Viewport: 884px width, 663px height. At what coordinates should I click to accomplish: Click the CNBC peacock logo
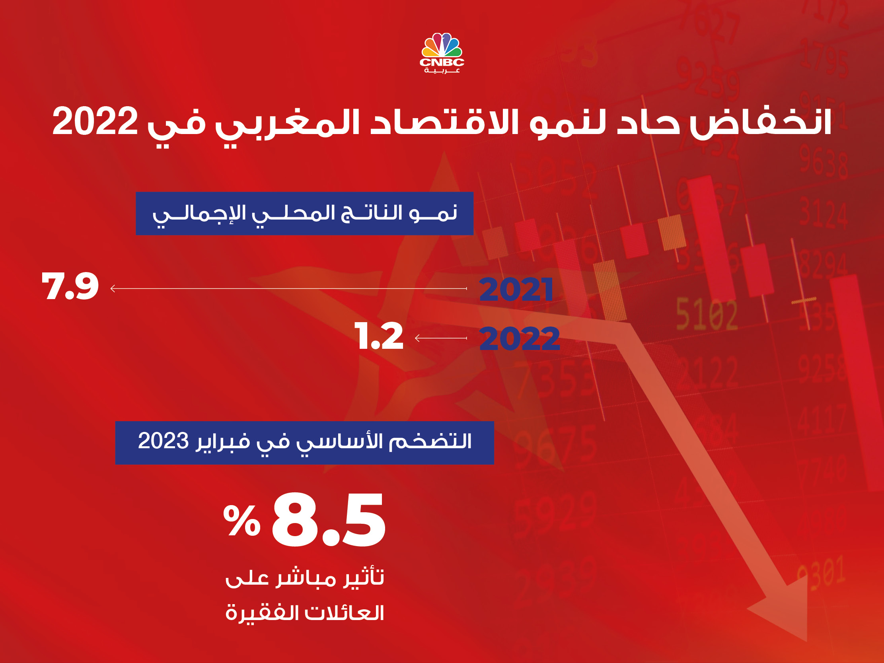pyautogui.click(x=442, y=53)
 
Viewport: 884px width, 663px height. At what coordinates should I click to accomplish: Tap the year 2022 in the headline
pyautogui.click(x=95, y=121)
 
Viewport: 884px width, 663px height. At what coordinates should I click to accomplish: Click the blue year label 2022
pyautogui.click(x=519, y=338)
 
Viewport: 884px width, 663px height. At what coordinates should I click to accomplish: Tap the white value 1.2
pyautogui.click(x=378, y=336)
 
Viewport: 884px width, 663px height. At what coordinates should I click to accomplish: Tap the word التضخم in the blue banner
pyautogui.click(x=430, y=441)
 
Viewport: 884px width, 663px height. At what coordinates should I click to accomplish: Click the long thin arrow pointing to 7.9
pyautogui.click(x=288, y=288)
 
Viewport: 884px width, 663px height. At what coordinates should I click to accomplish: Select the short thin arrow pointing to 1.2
pyautogui.click(x=441, y=338)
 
